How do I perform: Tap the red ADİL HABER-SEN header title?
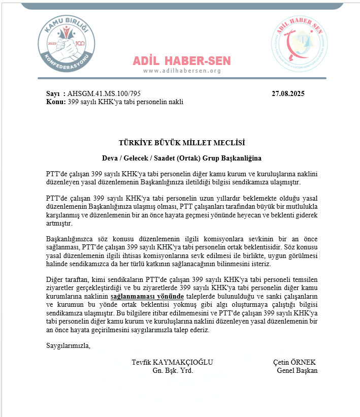coord(182,61)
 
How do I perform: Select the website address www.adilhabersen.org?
coord(182,71)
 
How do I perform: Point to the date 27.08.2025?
coord(288,94)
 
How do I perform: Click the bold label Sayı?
coord(53,94)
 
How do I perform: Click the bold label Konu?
coord(55,102)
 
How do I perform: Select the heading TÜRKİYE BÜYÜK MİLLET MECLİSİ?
coord(182,143)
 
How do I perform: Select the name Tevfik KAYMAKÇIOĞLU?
coord(172,362)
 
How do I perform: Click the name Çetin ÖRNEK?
coord(294,362)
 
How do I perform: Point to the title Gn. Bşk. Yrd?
coord(173,370)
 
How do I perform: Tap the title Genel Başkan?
coord(297,370)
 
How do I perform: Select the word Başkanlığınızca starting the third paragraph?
coord(71,239)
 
